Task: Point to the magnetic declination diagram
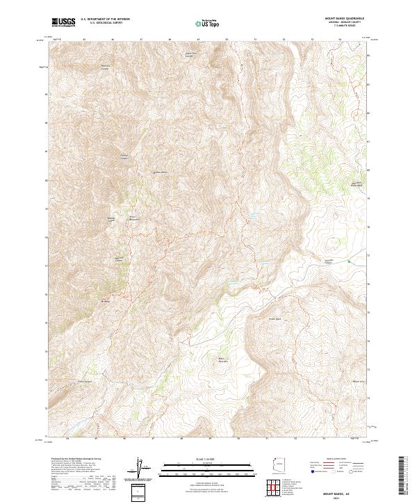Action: coord(139,469)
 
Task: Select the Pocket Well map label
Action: coord(274,319)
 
